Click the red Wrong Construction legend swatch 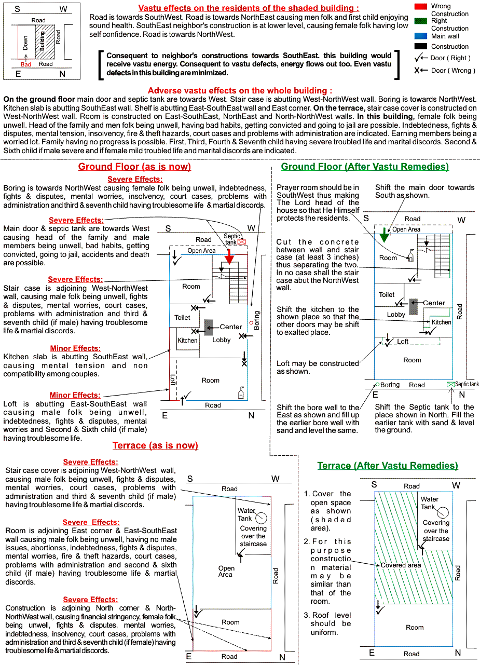pos(421,6)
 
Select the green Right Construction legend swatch pos(421,21)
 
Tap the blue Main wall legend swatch pos(421,36)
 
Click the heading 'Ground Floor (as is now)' pos(134,167)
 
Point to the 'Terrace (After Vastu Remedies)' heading pos(388,466)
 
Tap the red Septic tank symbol pos(242,242)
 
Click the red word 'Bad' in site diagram pos(26,64)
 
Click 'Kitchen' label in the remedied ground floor pos(442,322)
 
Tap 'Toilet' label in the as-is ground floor pos(182,317)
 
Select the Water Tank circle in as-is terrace pos(262,518)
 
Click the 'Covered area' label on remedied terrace pos(401,565)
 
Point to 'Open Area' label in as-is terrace pos(226,571)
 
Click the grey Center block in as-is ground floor pos(209,327)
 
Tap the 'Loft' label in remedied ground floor pos(403,341)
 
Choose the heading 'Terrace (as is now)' pos(155,445)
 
